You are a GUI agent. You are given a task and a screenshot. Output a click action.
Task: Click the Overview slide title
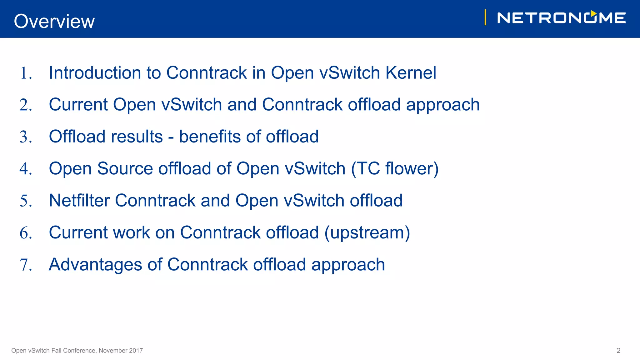tap(54, 21)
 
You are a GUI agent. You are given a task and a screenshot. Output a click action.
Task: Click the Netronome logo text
tap(561, 18)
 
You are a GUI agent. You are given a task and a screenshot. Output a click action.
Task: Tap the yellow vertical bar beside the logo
tap(485, 17)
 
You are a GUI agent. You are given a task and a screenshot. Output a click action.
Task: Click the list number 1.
tap(26, 73)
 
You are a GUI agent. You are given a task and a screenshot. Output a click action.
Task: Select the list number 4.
tap(26, 169)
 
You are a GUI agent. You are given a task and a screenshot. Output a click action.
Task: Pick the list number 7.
tap(26, 265)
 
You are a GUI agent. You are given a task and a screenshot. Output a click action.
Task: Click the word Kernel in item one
tap(411, 73)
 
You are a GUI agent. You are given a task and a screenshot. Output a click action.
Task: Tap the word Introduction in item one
tap(95, 73)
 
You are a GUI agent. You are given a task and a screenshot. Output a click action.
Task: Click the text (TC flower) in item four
tap(395, 169)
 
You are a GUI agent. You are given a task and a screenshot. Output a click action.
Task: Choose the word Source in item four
tap(125, 169)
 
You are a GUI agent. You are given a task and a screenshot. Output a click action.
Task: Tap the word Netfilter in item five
tap(79, 200)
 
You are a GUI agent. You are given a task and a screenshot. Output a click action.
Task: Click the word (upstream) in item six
tap(367, 233)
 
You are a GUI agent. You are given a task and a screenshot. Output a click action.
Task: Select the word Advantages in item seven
tap(95, 265)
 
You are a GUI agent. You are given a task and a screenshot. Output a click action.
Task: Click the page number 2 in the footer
tap(618, 351)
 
